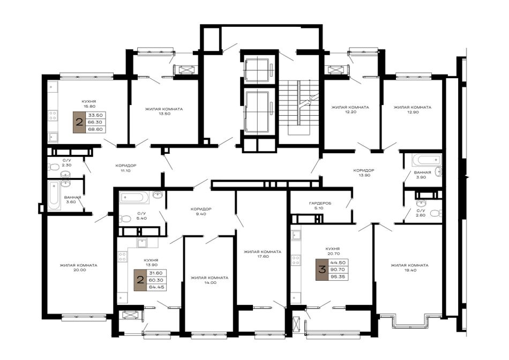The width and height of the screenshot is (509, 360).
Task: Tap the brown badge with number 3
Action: coord(323,269)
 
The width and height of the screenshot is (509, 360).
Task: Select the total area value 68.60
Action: coord(95,129)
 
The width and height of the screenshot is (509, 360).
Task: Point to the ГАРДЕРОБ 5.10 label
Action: coord(320,206)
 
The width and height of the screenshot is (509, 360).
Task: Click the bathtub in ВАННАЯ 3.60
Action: coord(54,196)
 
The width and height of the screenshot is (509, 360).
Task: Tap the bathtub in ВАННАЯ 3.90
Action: coord(426,160)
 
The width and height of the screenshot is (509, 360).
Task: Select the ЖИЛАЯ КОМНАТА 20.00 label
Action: coord(78,267)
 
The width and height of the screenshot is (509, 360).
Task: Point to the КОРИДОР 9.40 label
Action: coord(201,212)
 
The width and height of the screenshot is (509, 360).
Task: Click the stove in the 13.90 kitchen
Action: coord(122,257)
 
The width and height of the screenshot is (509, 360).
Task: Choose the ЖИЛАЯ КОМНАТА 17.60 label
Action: coord(263,254)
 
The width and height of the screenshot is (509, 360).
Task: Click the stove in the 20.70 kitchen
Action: coord(296,260)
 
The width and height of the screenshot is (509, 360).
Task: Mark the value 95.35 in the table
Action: coord(338,277)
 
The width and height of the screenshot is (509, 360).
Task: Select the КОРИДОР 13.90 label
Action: coord(364,172)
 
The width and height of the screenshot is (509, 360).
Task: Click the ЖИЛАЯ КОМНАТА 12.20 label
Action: coord(350,109)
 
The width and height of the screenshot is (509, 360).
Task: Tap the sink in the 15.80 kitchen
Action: coord(53,138)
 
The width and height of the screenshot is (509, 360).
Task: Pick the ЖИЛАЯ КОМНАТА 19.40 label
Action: coord(409,267)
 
